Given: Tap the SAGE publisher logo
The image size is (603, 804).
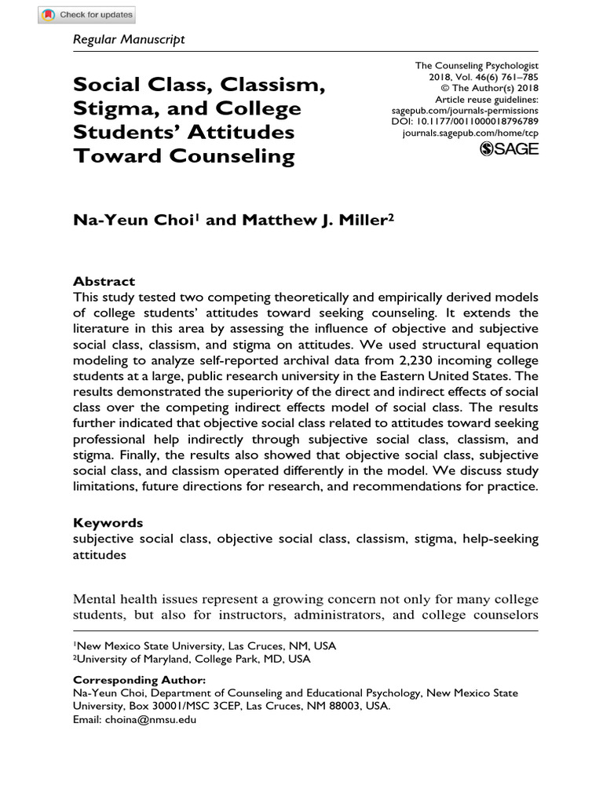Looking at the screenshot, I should (x=509, y=149).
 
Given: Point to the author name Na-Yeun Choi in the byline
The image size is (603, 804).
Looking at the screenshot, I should (x=133, y=221).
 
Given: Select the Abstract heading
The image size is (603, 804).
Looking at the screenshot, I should (x=104, y=281).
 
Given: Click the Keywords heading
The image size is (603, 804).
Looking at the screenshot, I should (x=108, y=522).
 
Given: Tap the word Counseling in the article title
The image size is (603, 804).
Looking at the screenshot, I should (x=228, y=155).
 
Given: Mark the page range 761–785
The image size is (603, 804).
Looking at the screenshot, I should (x=517, y=79).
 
